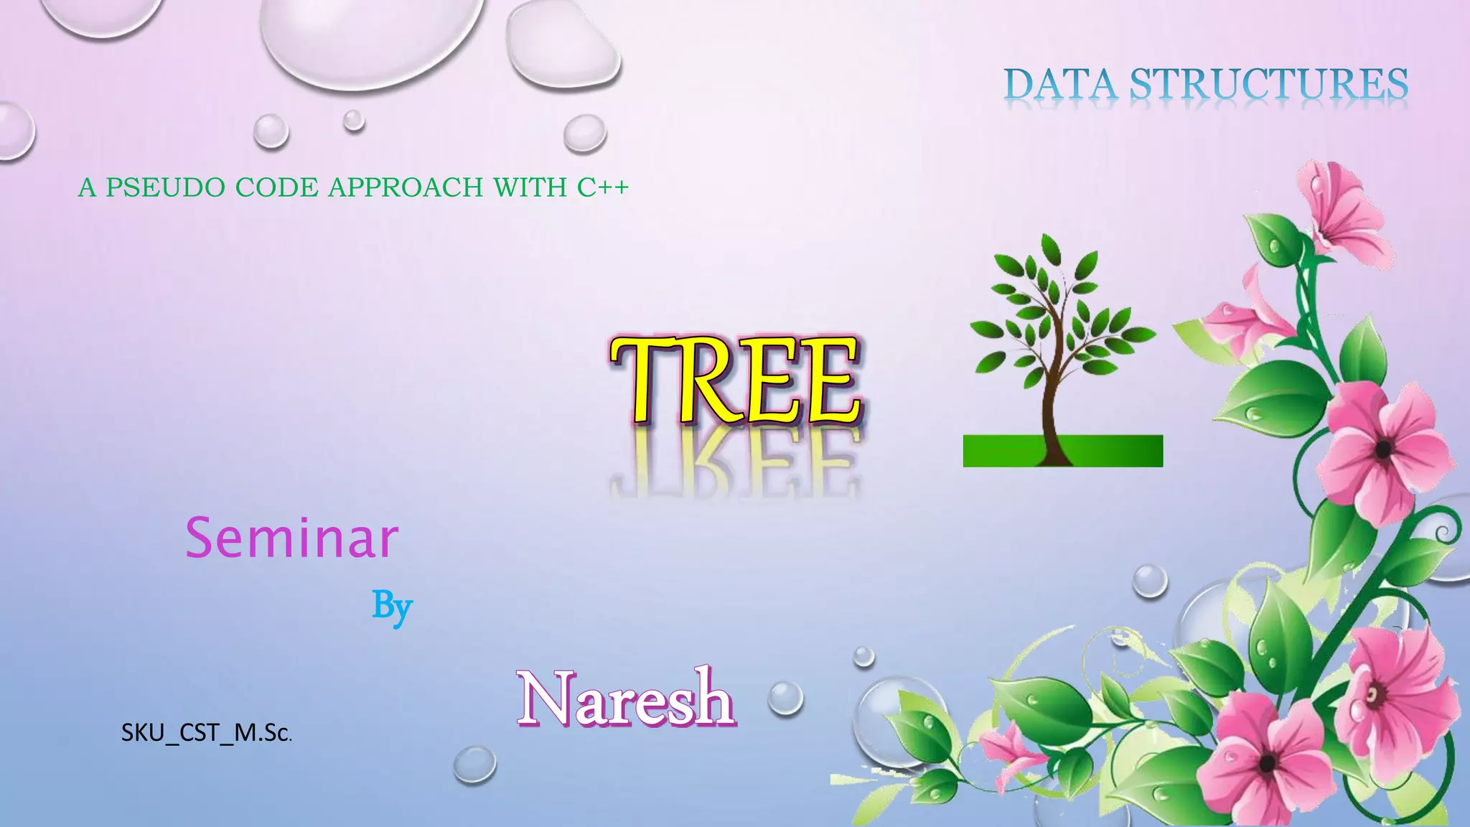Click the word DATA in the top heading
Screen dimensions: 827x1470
point(1060,84)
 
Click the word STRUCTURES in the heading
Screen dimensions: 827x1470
point(1268,84)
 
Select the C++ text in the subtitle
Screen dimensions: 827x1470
point(603,187)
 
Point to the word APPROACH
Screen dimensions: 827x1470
point(406,187)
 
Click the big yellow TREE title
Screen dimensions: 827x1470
point(735,380)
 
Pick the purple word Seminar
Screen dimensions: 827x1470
point(291,538)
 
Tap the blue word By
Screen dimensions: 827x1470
point(392,607)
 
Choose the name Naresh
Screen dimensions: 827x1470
point(626,698)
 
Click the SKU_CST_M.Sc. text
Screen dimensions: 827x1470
point(206,732)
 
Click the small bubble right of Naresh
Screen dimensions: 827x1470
point(785,698)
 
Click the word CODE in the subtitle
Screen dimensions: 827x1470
point(276,187)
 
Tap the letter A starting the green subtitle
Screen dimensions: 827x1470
point(87,188)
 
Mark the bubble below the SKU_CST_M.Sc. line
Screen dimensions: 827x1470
point(474,764)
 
